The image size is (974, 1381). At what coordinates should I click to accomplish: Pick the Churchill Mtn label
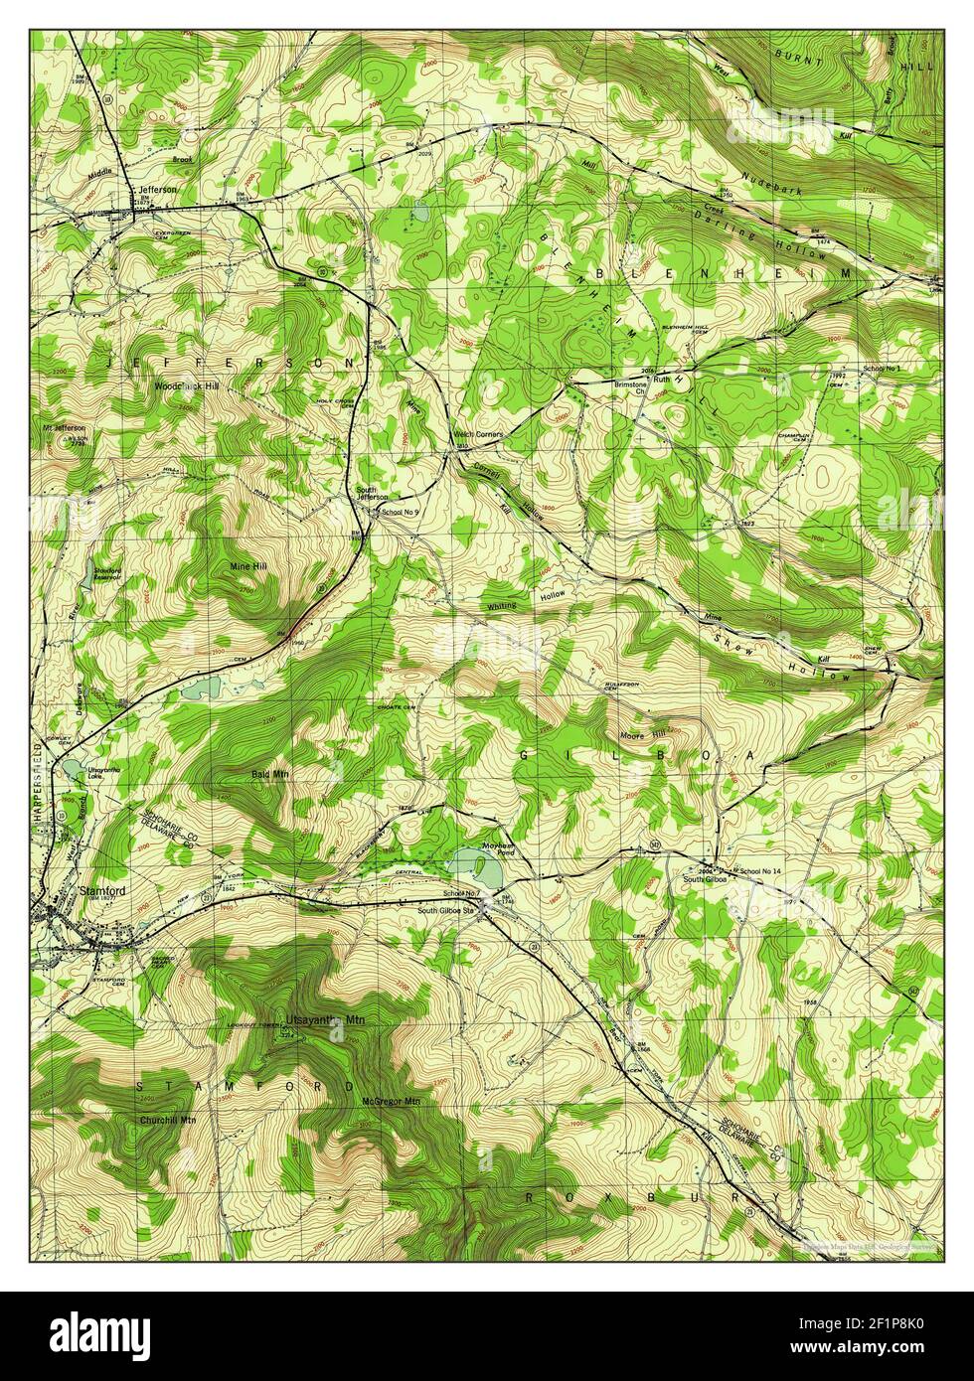pos(167,1119)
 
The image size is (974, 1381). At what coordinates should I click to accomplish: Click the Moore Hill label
pos(637,734)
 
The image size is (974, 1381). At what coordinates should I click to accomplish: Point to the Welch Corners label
pos(477,434)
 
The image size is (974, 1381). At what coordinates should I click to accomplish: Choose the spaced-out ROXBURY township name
pos(653,1199)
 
